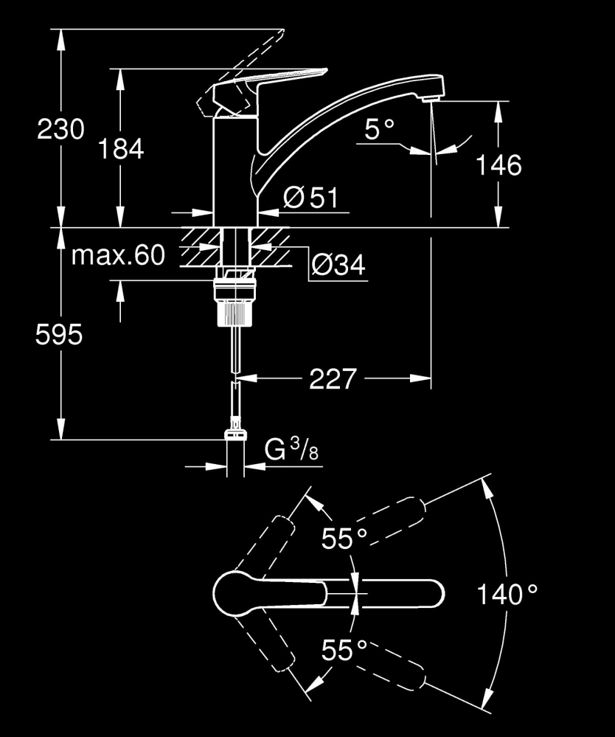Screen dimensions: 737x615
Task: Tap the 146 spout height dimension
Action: (x=497, y=165)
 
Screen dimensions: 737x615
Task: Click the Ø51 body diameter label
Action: (x=310, y=197)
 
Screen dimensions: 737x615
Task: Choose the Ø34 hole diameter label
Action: (x=338, y=264)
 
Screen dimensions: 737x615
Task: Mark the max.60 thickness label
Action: (x=117, y=255)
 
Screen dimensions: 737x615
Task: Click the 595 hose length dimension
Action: (x=60, y=336)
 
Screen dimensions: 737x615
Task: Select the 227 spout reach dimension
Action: (x=333, y=379)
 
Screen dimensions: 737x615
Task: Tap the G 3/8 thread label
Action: (x=291, y=451)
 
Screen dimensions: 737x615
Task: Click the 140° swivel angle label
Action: (x=507, y=594)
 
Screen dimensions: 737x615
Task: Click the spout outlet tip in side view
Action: (x=431, y=93)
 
